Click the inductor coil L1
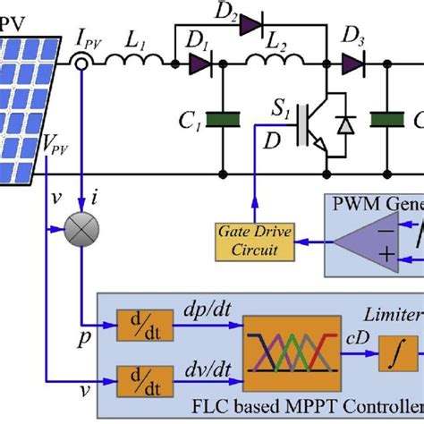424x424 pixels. point(134,63)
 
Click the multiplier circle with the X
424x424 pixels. point(81,233)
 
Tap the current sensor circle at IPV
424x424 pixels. point(81,64)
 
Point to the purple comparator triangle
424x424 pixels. point(360,240)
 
